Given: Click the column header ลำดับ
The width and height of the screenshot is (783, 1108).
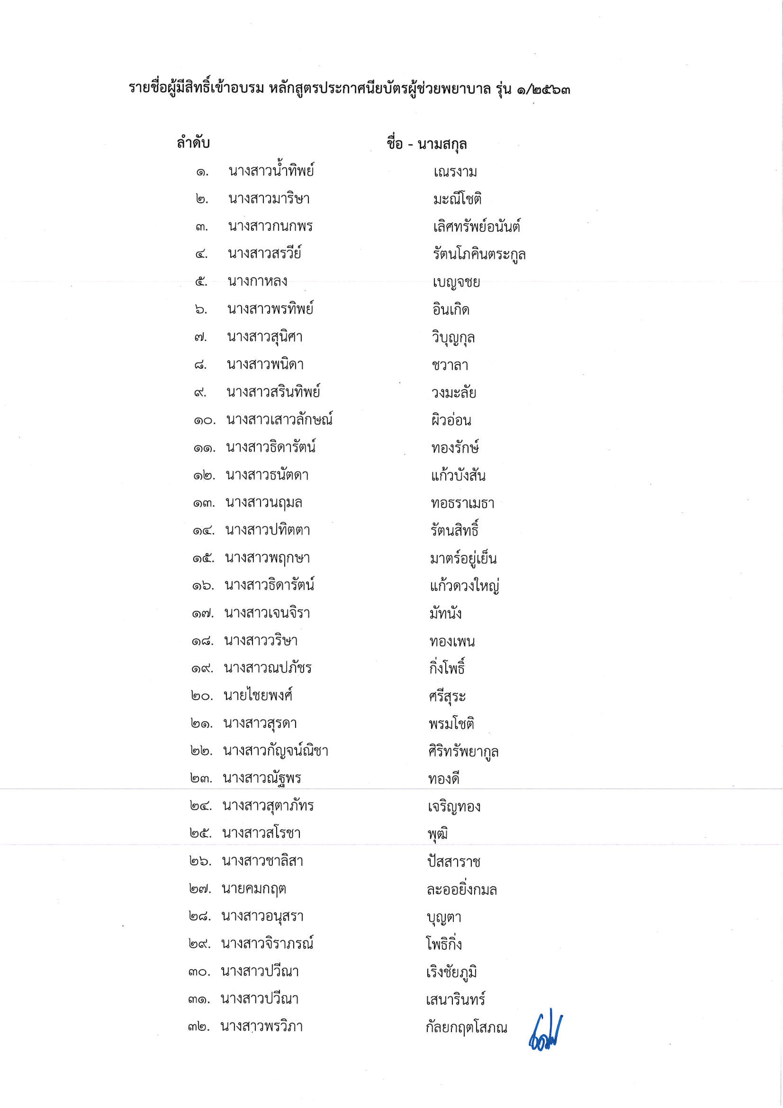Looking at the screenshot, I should point(193,143).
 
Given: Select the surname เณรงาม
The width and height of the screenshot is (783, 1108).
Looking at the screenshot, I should point(455,172).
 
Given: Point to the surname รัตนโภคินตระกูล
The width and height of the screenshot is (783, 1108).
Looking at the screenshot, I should point(479,254).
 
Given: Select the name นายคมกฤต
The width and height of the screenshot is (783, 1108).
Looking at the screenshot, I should point(254,889).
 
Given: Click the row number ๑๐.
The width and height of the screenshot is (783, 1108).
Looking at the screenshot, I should point(204,420).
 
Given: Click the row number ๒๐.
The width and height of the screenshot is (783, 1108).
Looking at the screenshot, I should point(201,696).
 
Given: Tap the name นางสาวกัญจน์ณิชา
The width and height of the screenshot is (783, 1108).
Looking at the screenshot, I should point(275,751).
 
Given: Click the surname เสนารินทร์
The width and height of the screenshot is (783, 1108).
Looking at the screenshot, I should point(455,1000).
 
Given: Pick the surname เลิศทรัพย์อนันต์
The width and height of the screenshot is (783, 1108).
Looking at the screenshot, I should point(476,227).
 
